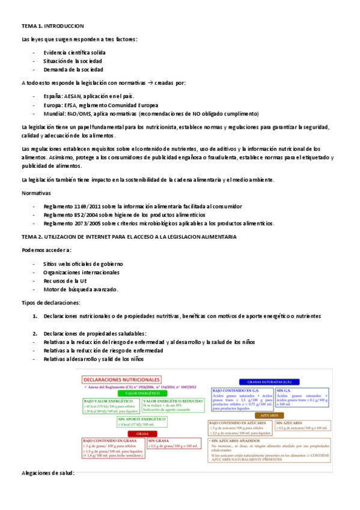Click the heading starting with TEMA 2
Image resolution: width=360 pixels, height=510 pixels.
tap(129, 236)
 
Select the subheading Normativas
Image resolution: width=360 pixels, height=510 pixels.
tap(36, 194)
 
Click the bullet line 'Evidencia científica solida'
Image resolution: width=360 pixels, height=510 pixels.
tap(74, 52)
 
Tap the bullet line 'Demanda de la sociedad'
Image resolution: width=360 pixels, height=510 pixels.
tap(73, 70)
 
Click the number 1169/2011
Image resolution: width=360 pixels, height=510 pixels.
tap(85, 206)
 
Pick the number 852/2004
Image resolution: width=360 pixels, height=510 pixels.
tap(84, 215)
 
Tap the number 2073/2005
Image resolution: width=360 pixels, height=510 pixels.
tap(85, 223)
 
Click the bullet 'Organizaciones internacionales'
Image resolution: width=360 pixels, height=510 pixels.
tap(82, 272)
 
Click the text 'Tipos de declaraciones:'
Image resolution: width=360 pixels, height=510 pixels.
tap(50, 303)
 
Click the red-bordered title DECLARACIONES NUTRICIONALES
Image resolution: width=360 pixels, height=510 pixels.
tap(122, 380)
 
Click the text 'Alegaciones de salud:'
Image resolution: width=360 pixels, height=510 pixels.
tap(47, 473)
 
